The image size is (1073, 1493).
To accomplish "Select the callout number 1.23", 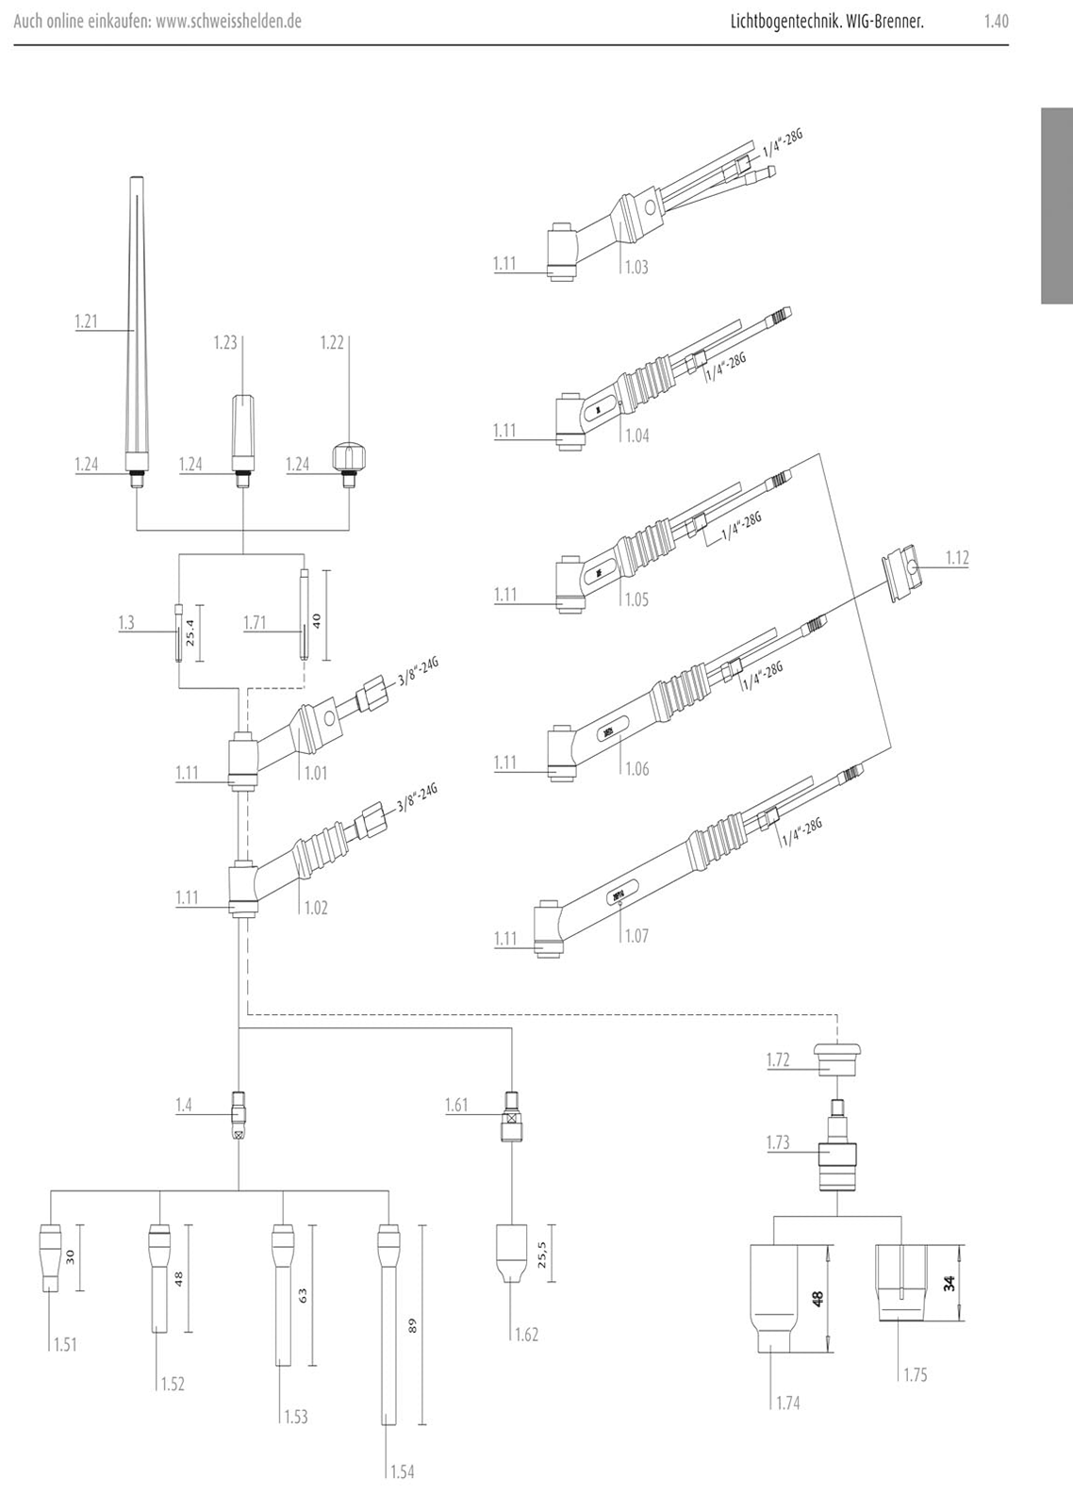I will click(225, 343).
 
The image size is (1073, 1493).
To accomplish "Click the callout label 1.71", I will click(256, 623).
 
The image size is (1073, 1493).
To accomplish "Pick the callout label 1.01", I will click(316, 774).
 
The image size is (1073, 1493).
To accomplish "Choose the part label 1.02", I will click(316, 909).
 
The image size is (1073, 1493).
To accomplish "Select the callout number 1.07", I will click(637, 936).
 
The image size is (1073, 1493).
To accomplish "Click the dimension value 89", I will click(412, 1325).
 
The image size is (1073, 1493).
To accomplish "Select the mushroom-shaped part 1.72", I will click(837, 1059).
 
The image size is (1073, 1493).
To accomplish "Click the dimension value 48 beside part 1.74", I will click(817, 1299).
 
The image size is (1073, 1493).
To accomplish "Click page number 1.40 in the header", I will click(996, 21).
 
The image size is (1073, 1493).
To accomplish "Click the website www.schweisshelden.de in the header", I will click(228, 21).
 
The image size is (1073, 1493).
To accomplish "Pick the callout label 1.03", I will click(637, 267).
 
